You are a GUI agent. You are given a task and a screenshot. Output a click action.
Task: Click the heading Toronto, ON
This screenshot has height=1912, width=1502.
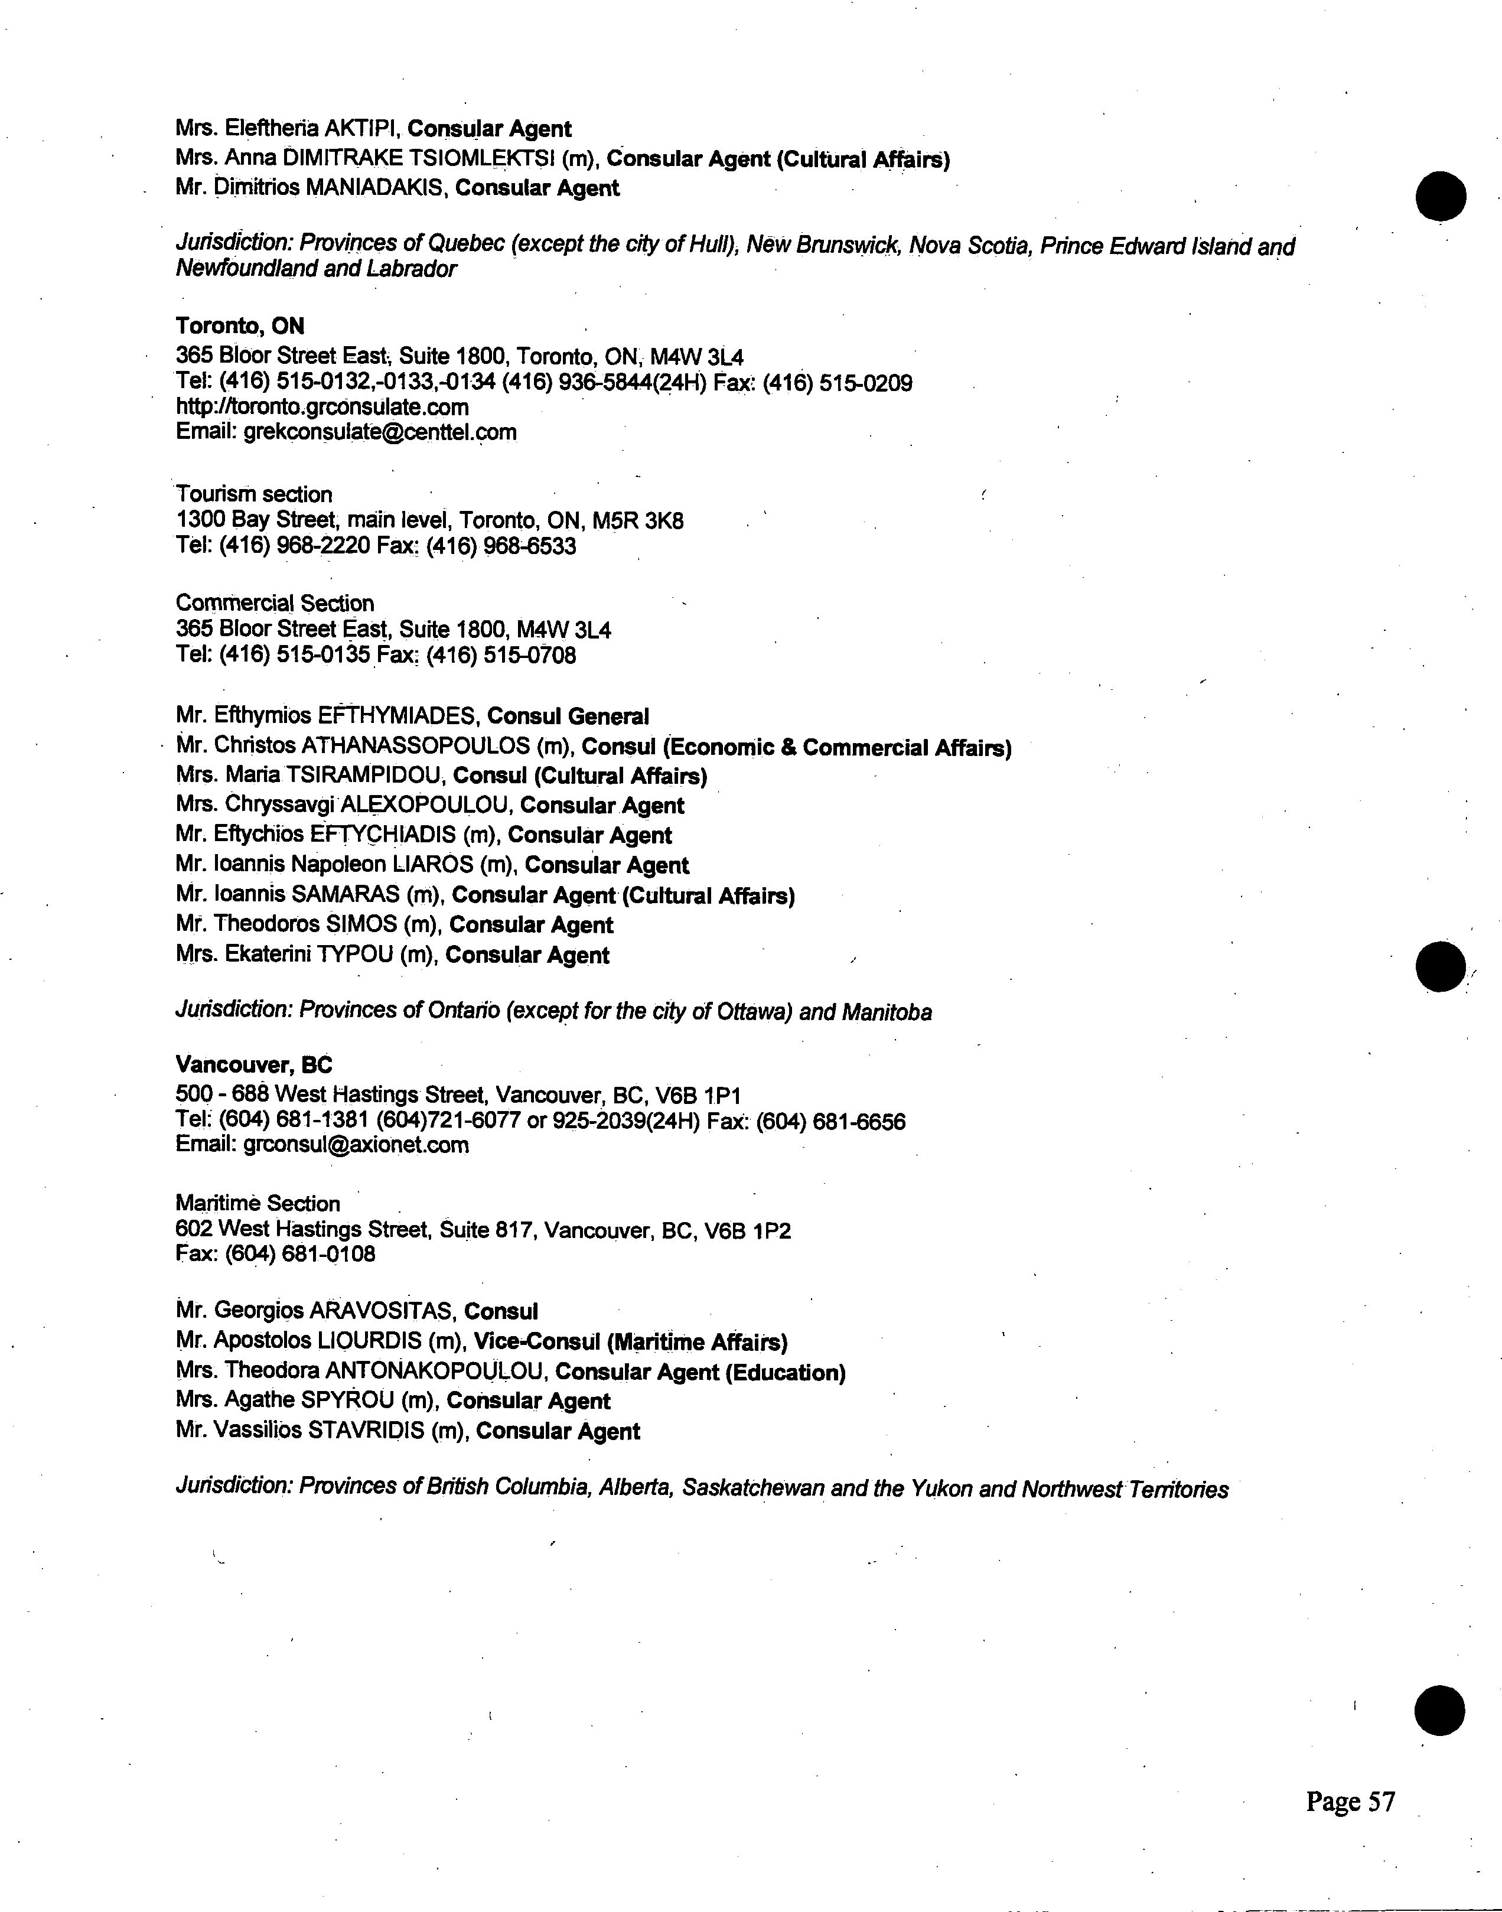240,326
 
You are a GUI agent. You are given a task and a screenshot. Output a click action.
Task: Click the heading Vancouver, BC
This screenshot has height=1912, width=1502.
254,1065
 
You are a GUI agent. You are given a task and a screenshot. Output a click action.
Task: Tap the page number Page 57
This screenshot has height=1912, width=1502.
1350,1802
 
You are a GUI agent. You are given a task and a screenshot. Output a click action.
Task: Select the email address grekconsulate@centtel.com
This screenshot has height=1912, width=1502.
380,433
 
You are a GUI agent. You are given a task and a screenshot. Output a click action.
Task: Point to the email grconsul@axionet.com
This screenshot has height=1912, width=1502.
356,1145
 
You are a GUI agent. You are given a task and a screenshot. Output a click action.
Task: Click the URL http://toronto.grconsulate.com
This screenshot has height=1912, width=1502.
322,407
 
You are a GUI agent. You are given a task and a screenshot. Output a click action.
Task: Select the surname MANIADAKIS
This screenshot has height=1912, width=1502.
373,188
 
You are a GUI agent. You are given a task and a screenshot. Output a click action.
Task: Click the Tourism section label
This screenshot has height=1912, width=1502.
254,494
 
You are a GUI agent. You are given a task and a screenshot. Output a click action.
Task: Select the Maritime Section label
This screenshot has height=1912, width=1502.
258,1203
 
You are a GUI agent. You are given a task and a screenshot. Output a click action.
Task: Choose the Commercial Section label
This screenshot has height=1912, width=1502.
275,603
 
